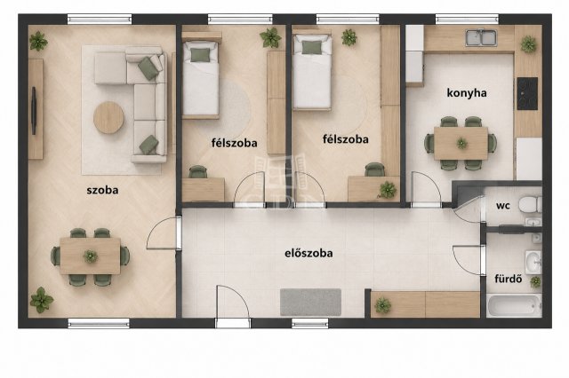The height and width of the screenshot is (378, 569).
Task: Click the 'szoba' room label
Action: point(102,190)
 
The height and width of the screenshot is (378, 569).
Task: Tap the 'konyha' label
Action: point(467,93)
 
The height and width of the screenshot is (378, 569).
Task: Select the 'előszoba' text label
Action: point(309,253)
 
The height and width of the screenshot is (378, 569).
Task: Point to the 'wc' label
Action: point(503,206)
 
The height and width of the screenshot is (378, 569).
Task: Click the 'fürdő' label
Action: point(508,279)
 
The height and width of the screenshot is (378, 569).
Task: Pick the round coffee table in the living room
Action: point(108,117)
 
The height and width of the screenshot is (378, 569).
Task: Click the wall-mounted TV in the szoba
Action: point(34,110)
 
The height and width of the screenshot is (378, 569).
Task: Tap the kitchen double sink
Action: point(481,38)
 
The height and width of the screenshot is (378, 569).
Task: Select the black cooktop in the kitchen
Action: point(527,93)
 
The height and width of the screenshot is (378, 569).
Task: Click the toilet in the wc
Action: point(530,205)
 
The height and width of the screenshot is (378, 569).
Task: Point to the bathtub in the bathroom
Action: point(515,306)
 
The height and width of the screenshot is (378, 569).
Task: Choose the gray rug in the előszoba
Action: point(310,302)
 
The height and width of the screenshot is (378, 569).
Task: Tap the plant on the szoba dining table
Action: point(91,256)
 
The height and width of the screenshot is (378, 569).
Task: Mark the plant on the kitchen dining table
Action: point(461,143)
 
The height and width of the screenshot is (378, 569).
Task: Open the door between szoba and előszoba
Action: point(162,233)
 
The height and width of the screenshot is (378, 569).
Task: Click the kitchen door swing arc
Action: point(429,181)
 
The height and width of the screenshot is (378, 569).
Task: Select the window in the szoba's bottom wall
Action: point(99,323)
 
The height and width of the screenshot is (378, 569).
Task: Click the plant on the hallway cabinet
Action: point(383,305)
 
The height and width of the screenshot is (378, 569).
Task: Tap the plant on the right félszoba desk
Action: point(388,190)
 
